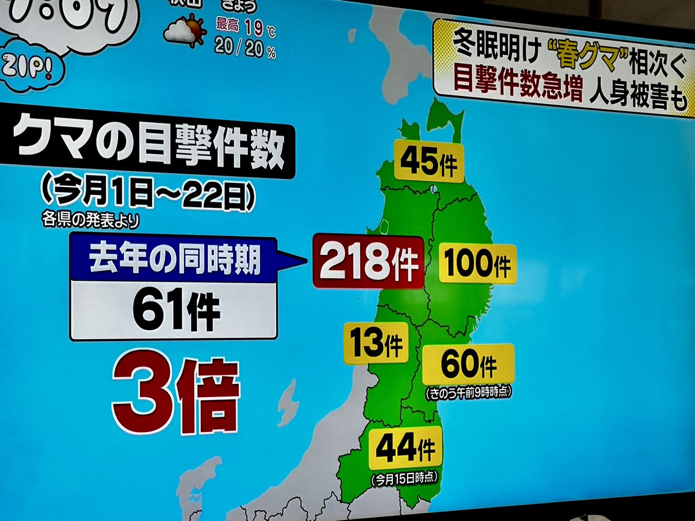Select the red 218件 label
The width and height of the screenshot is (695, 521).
(369, 262)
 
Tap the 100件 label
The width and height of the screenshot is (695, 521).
(478, 263)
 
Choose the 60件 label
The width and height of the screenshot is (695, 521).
(469, 364)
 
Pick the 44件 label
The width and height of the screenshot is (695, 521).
(405, 448)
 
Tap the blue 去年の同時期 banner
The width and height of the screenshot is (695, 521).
(174, 262)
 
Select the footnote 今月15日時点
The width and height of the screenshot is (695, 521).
(405, 478)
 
